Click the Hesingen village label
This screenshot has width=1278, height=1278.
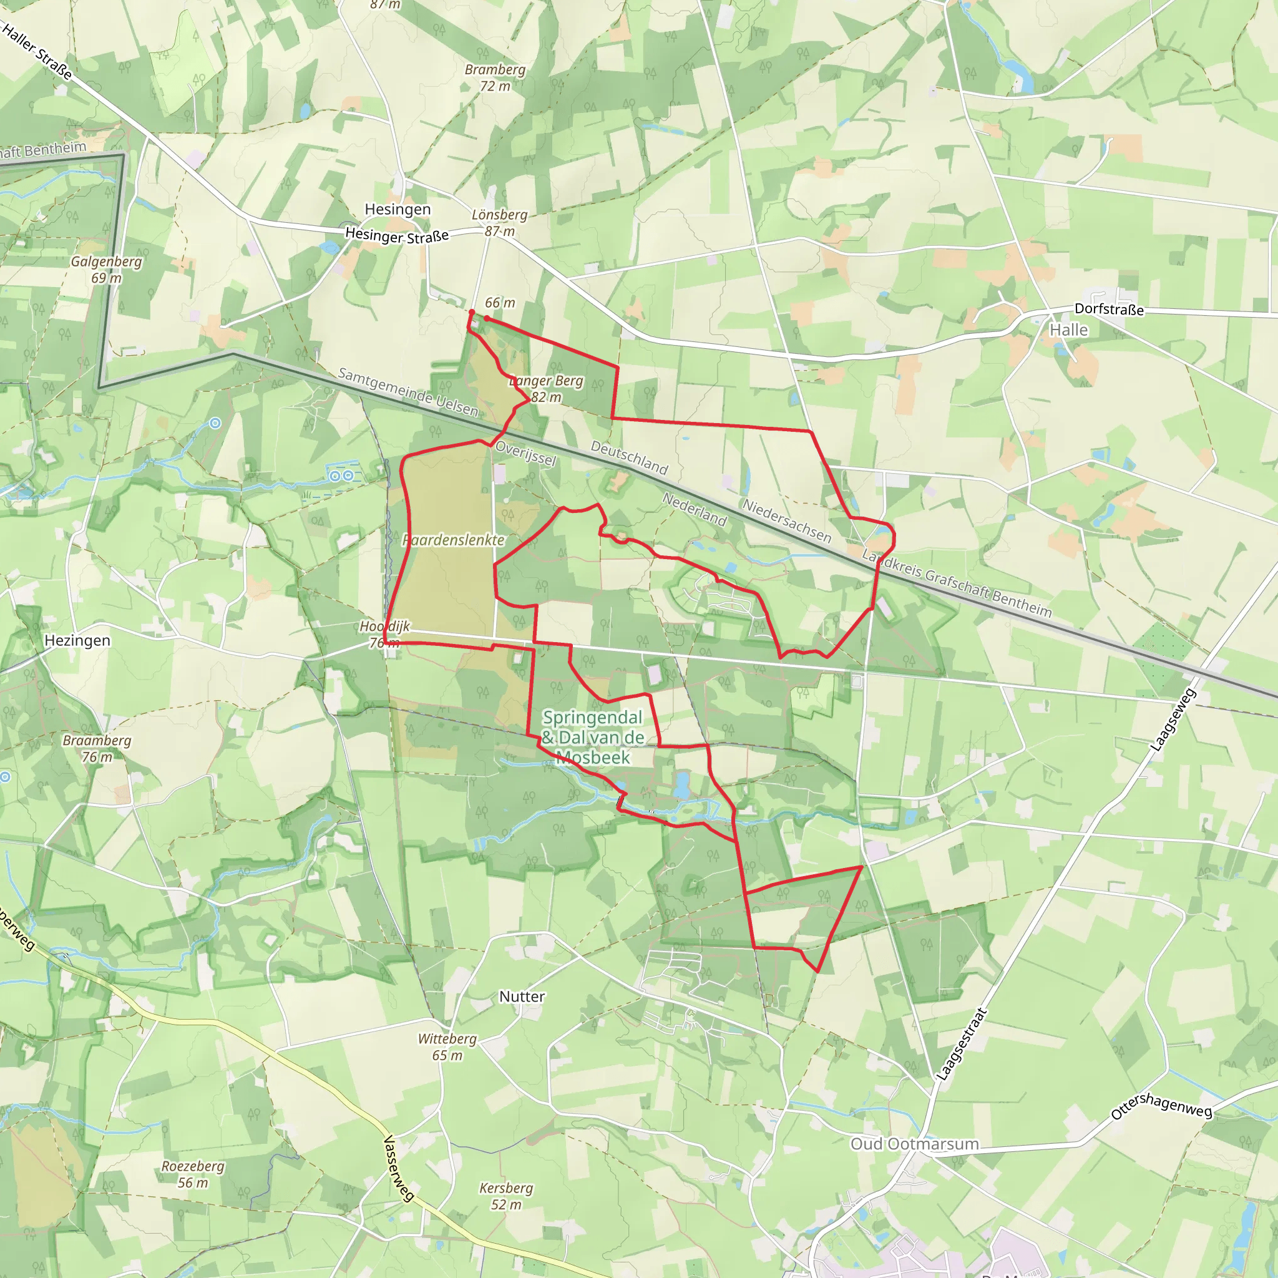click(x=398, y=210)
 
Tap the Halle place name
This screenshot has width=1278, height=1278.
click(x=1068, y=330)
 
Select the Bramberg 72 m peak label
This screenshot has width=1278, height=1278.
click(x=495, y=77)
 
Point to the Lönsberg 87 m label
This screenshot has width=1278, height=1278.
click(x=499, y=223)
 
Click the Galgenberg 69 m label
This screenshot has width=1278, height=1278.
click(x=107, y=269)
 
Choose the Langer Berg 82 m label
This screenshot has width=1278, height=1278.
click(x=547, y=389)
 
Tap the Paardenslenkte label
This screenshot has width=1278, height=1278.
click(x=454, y=540)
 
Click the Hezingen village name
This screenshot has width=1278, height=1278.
click(x=77, y=640)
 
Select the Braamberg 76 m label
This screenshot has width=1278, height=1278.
click(x=97, y=749)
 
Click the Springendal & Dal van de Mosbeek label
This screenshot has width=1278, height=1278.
click(x=593, y=737)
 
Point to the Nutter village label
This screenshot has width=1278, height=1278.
click(x=522, y=996)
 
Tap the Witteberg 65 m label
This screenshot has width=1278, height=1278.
click(x=447, y=1047)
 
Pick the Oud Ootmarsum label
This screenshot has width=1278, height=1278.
click(x=914, y=1144)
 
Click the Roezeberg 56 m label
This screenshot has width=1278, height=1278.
click(x=192, y=1174)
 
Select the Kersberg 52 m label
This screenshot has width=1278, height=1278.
click(x=506, y=1196)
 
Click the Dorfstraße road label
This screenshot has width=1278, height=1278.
click(x=1109, y=309)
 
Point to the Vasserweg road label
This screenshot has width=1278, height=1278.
click(x=399, y=1168)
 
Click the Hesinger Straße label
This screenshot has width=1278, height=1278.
click(x=397, y=235)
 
